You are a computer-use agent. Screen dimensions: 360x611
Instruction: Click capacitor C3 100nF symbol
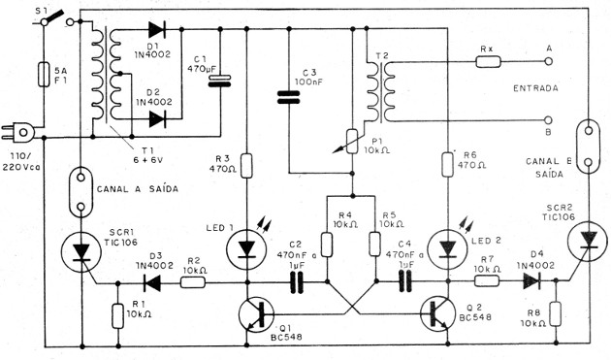[x=288, y=95]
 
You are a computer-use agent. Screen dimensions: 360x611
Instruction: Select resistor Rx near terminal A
[x=488, y=61]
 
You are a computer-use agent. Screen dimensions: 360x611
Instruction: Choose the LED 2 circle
[x=446, y=250]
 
